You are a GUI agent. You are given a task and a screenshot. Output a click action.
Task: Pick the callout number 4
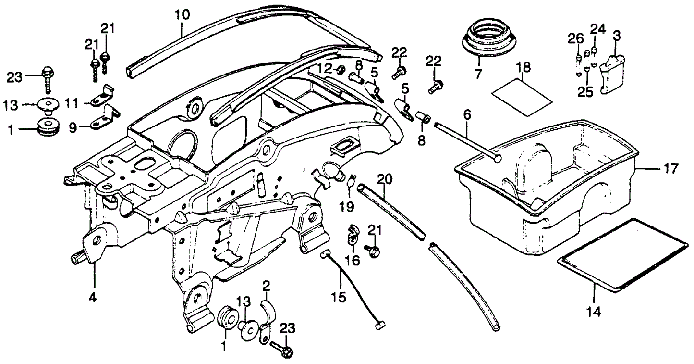[92, 298]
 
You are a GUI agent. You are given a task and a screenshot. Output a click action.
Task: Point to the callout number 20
[385, 180]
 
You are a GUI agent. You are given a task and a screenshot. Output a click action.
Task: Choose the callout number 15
[338, 297]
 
